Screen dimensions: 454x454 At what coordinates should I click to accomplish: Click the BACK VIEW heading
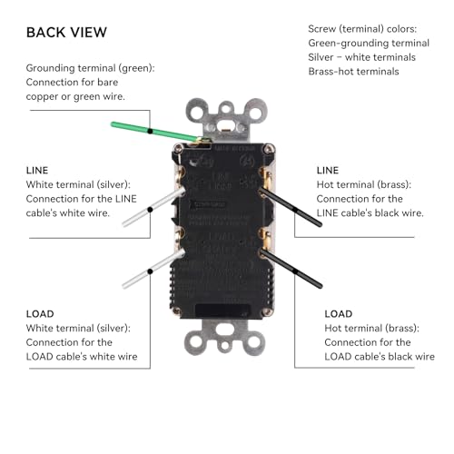click(66, 33)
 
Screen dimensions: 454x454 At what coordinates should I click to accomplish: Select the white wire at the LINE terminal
click(153, 207)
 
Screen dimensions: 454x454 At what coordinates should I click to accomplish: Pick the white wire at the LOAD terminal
click(153, 269)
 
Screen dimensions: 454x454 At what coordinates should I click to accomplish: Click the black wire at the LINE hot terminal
click(291, 207)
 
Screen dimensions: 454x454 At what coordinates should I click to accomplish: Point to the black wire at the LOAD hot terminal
click(291, 269)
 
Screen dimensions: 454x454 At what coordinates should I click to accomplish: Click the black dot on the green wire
click(150, 131)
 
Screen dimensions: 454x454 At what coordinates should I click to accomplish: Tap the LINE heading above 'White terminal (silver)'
click(37, 171)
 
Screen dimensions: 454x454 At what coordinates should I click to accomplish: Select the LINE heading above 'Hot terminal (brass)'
click(328, 171)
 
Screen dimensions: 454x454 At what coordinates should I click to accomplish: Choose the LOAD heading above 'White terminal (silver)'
click(40, 314)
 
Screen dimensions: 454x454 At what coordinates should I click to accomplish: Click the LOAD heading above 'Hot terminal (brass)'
click(339, 314)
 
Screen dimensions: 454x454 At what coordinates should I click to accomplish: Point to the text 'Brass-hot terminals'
click(353, 72)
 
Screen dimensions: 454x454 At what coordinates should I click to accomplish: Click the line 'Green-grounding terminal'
click(369, 43)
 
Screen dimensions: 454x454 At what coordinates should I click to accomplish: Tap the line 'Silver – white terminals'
click(361, 57)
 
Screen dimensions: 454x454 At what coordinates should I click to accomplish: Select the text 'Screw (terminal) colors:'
click(362, 29)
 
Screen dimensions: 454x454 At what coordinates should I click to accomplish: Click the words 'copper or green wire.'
click(75, 96)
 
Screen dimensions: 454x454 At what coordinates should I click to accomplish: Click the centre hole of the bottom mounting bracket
click(224, 345)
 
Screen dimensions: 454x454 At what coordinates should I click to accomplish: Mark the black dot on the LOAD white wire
click(150, 271)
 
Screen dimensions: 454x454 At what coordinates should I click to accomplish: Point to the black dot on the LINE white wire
click(150, 210)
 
